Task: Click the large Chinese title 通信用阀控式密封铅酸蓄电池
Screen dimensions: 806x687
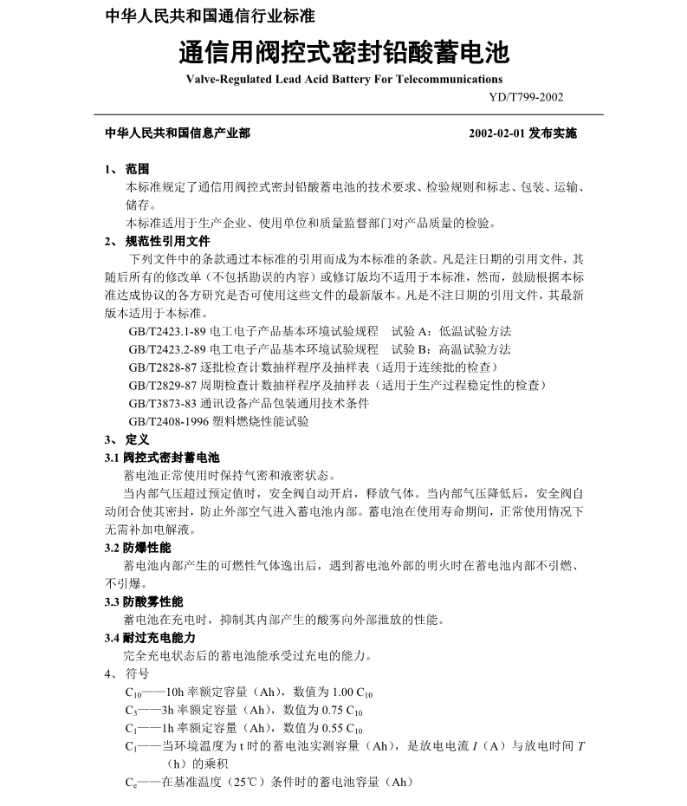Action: click(343, 53)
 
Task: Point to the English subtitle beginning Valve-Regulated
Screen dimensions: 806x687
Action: click(344, 79)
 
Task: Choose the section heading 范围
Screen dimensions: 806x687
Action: click(137, 169)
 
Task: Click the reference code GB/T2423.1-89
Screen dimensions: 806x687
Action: click(166, 331)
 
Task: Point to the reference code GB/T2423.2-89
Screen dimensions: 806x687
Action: click(166, 349)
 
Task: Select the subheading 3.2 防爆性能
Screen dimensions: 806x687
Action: click(138, 548)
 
